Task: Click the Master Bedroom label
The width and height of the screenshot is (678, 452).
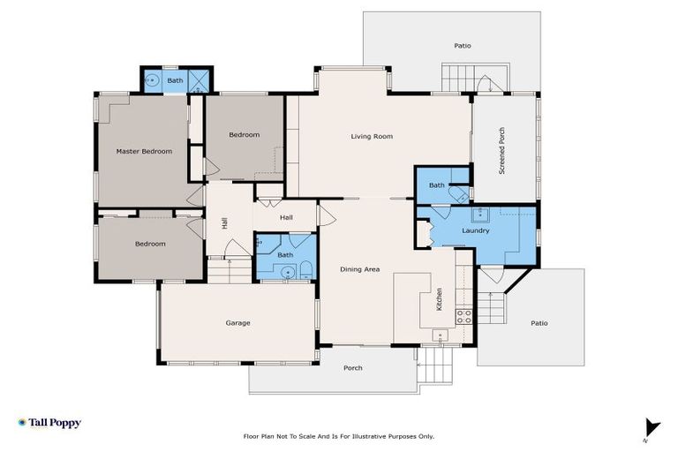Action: [144, 151]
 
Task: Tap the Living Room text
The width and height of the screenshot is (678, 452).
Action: [371, 136]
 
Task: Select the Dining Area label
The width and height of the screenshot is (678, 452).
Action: [360, 268]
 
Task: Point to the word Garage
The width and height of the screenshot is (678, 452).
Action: [237, 323]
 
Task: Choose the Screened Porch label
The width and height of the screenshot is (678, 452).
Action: [501, 150]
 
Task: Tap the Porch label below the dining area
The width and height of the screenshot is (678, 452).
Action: [352, 368]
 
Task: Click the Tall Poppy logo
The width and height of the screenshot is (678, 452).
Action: [49, 423]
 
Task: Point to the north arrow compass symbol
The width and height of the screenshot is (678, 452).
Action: [652, 426]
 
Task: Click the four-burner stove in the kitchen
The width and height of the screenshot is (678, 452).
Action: [464, 315]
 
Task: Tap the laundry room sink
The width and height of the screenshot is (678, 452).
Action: [483, 214]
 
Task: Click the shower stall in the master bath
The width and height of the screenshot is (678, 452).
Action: [200, 81]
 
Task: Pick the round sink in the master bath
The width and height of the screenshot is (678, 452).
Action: [153, 81]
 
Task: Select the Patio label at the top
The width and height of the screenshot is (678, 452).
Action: [463, 44]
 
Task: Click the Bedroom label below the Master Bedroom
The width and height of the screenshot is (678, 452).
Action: [150, 244]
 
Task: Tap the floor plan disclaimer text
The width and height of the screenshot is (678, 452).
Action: [339, 436]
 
